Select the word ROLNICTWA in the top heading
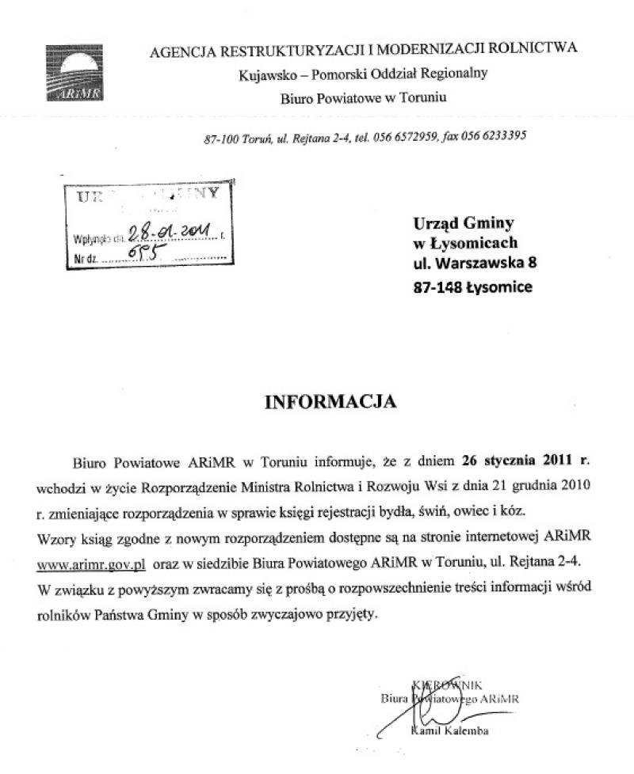point(539,49)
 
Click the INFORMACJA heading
point(330,402)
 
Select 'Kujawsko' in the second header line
point(262,75)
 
